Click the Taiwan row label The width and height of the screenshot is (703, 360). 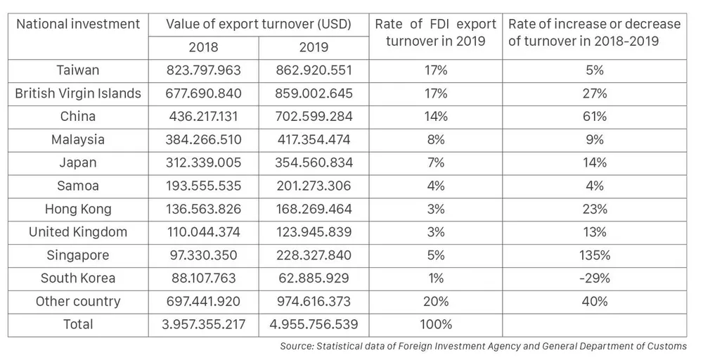coord(78,70)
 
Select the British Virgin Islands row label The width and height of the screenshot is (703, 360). coord(78,94)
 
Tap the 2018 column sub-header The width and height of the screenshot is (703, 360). coord(203,47)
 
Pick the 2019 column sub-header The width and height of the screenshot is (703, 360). coord(314,47)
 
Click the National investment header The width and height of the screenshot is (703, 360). coord(78,24)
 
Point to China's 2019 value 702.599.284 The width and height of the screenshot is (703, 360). coord(314,117)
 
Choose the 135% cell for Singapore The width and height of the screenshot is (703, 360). coord(595,255)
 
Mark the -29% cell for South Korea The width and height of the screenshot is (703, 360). coord(595,278)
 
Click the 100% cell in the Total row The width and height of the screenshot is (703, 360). coord(436,325)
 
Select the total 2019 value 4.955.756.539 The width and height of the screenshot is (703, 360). coord(314,325)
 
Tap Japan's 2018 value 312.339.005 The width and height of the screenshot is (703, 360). coord(203,162)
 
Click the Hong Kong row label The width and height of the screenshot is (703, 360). coord(78,209)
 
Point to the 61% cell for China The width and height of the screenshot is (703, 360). coord(595,117)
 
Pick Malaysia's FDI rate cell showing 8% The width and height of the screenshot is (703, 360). coord(436,139)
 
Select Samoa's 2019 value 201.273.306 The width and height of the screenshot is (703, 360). coord(314,186)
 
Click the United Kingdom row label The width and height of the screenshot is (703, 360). coord(78,232)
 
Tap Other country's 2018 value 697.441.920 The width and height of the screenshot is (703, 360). coord(203,302)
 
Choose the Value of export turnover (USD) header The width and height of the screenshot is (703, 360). coord(258,24)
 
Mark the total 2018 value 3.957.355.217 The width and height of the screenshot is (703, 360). coord(203,325)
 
